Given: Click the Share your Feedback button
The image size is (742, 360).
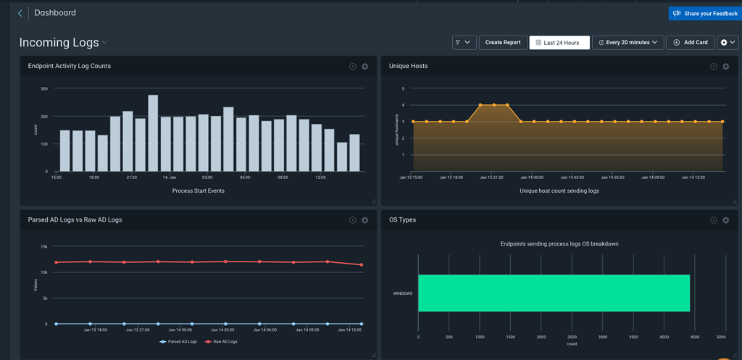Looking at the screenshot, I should coord(704,13).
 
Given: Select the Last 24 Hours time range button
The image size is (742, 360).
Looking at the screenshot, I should coord(559,43).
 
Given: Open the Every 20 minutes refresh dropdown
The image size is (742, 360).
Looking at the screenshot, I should coord(628,43).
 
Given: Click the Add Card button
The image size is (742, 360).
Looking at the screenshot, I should coord(690,43).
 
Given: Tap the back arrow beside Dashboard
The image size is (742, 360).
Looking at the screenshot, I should coord(20,13).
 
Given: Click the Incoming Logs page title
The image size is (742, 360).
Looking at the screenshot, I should coord(59,43).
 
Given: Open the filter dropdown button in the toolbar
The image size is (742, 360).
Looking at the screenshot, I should coord(464,43).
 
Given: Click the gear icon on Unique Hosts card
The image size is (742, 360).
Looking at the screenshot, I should coord(726,67).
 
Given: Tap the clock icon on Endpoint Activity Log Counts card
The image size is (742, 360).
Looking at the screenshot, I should coord(353,67).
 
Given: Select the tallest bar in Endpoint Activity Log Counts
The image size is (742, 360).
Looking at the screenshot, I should coord(153,134).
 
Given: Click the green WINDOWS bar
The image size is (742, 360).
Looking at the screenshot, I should coord(554,293).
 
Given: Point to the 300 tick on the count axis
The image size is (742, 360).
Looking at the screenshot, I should coord(44,89).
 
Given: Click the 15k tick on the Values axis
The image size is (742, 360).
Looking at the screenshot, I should coord(43,246).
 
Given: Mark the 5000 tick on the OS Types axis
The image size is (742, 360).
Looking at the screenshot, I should coord(720,337).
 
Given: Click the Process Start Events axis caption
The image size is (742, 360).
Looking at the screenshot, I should coord(198,191).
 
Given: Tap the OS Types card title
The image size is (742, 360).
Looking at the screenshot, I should coord(402,219).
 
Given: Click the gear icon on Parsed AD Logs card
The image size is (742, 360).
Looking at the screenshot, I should coord(365,220).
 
